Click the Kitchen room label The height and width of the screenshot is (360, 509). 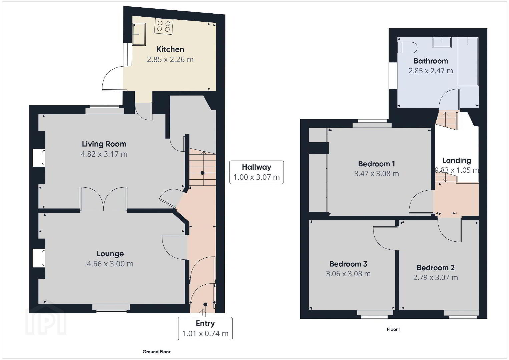tap(170, 49)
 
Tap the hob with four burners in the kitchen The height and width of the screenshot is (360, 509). tap(163, 26)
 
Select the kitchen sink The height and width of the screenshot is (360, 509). tap(139, 34)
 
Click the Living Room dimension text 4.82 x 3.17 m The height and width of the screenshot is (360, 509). tap(104, 154)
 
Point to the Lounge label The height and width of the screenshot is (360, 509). tap(110, 254)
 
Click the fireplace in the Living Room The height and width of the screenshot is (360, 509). tap(39, 158)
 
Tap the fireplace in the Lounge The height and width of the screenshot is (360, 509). tap(39, 258)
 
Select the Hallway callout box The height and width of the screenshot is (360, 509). tap(256, 172)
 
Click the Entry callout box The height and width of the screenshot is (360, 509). tap(205, 328)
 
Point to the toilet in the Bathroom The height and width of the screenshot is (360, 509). tap(407, 47)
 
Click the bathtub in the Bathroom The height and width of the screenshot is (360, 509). tap(468, 62)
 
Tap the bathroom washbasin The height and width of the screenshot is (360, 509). tap(442, 42)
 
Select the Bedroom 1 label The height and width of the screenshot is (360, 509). tap(377, 164)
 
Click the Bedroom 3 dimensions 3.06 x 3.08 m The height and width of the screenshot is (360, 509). tap(348, 274)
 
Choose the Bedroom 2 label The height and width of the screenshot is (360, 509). tap(436, 268)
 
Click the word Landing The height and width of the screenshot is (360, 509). tap(457, 161)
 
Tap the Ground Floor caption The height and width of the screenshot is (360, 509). tap(156, 352)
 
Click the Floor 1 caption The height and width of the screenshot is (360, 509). tap(394, 329)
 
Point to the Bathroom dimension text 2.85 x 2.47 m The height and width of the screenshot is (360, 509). tap(431, 71)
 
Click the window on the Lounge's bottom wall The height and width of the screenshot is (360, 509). tap(111, 308)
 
